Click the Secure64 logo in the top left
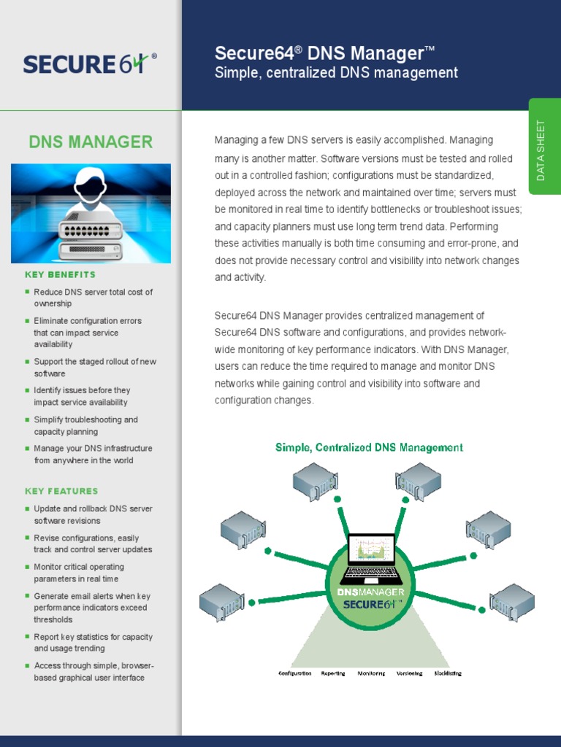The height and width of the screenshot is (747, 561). (89, 63)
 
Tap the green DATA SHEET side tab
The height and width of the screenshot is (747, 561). (541, 150)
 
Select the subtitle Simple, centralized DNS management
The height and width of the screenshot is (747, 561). (336, 73)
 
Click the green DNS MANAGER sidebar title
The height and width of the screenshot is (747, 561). (91, 142)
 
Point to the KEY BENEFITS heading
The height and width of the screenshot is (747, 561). (60, 275)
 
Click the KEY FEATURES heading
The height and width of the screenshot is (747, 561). (61, 491)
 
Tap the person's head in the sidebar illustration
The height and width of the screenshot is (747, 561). (91, 185)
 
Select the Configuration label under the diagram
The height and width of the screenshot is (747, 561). (295, 673)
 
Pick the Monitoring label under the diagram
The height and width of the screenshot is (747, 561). (371, 673)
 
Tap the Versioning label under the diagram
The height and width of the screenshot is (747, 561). (409, 673)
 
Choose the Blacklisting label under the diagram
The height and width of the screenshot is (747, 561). (448, 673)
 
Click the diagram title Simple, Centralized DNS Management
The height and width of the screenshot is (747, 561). (369, 447)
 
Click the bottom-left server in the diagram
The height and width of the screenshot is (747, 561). (222, 601)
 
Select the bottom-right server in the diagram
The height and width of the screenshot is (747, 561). (512, 602)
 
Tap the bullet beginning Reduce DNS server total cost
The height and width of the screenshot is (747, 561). (93, 298)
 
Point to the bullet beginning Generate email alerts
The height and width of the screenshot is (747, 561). (91, 608)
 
